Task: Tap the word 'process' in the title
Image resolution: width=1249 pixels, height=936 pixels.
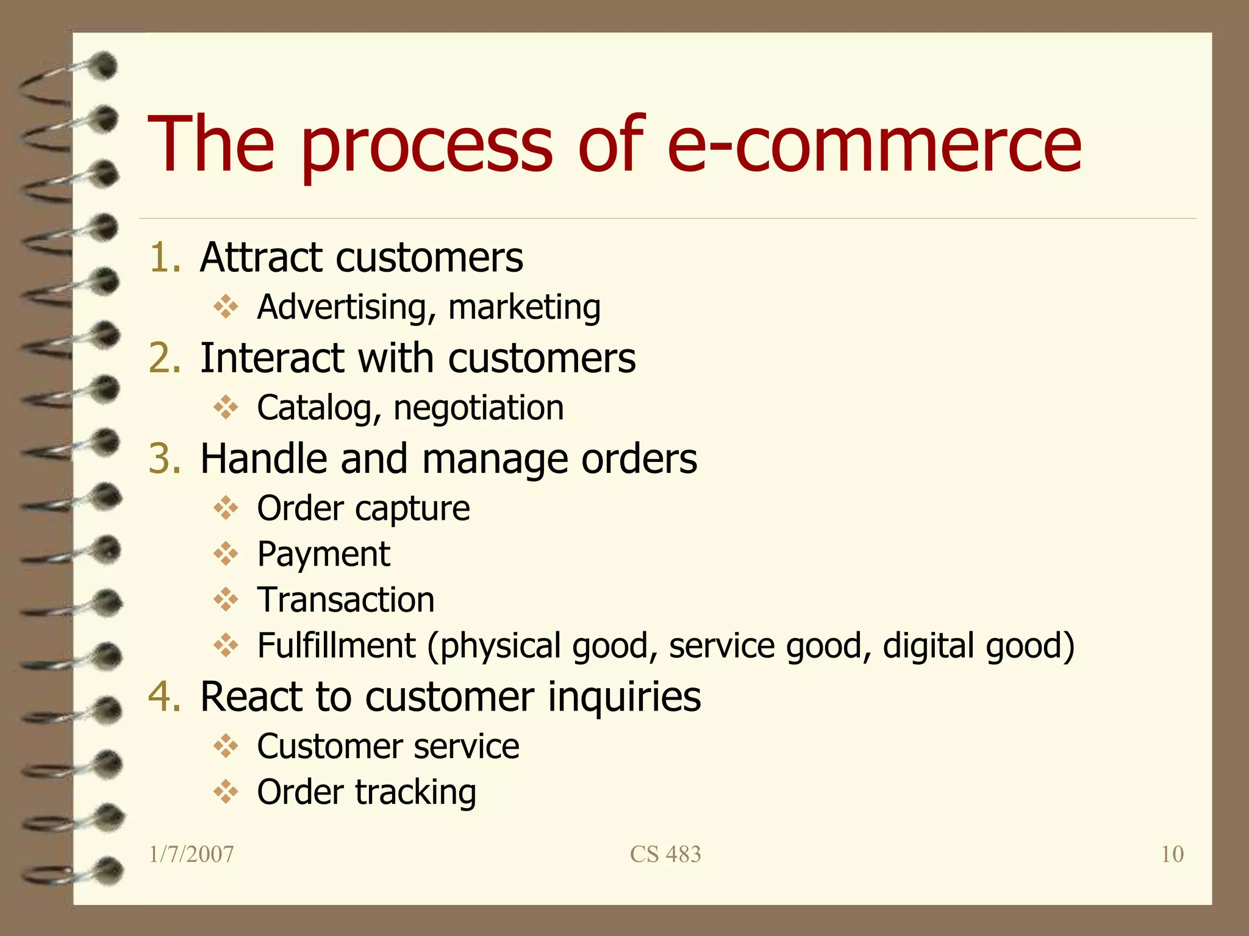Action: click(x=426, y=146)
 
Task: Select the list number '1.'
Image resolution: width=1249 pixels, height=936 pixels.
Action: click(x=165, y=257)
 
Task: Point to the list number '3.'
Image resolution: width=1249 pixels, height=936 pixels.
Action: click(x=165, y=458)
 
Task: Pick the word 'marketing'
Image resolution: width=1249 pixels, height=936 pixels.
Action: click(x=524, y=307)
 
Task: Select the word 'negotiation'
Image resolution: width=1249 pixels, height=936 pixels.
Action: click(x=479, y=408)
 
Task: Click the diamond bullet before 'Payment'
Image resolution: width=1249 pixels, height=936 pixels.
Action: click(x=226, y=554)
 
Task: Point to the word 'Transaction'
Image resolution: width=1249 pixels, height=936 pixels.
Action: click(x=346, y=600)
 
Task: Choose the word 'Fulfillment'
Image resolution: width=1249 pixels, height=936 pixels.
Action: click(x=336, y=646)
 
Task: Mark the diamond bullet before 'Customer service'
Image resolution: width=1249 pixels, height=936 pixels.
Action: click(x=226, y=746)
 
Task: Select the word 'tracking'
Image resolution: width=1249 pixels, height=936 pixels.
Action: click(x=415, y=792)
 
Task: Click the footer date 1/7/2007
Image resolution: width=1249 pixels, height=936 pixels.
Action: click(x=191, y=854)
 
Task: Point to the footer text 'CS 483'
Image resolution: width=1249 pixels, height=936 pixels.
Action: click(x=665, y=854)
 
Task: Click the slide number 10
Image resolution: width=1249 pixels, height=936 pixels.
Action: click(x=1172, y=854)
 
